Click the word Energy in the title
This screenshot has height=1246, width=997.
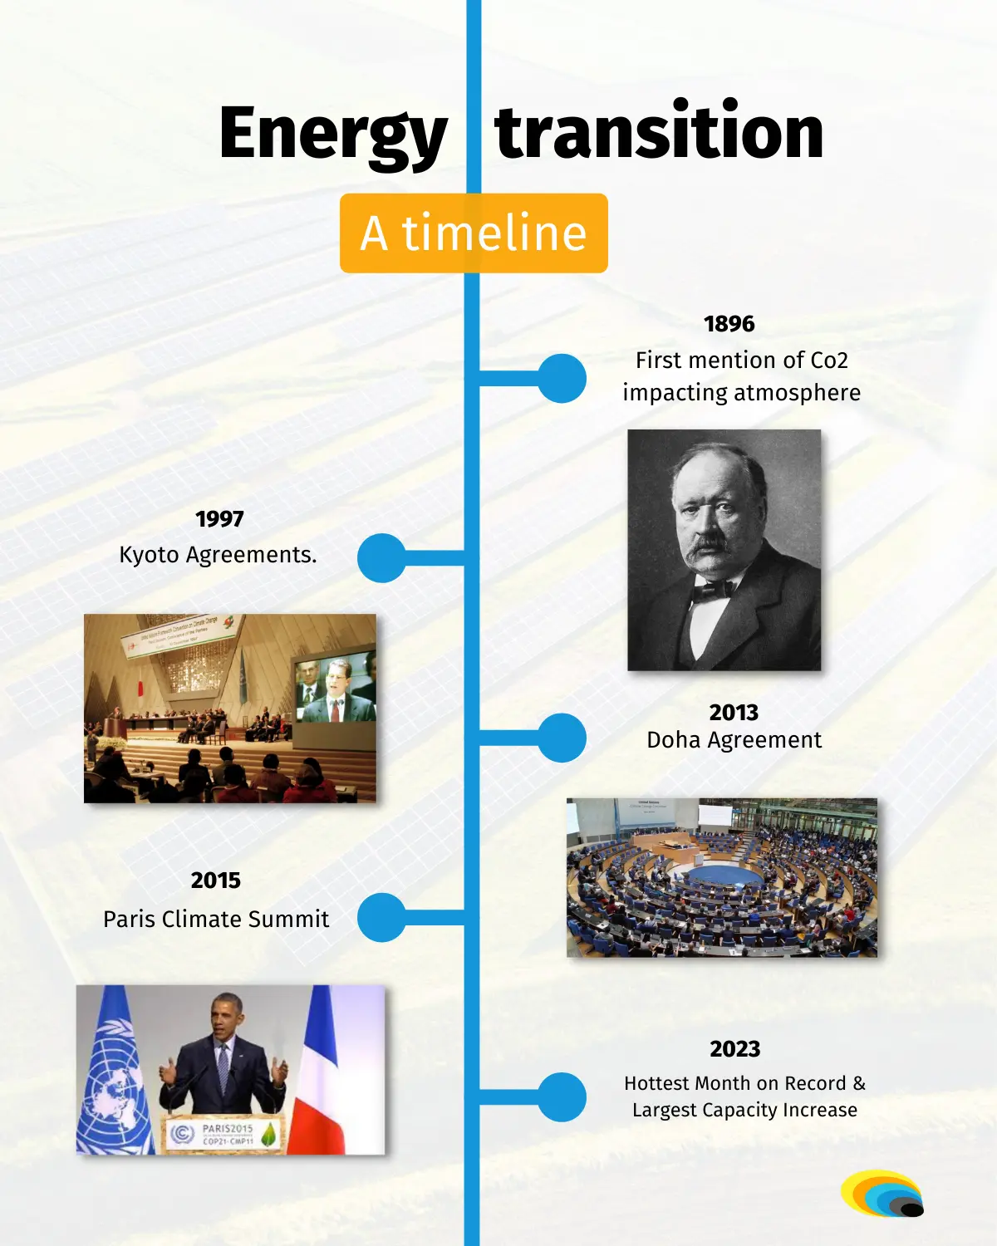pos(333,136)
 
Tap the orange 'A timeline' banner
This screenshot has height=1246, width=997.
pos(474,233)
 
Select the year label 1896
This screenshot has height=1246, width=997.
pos(729,324)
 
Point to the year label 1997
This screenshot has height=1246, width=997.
pos(219,519)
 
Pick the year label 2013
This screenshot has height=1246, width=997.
pos(734,713)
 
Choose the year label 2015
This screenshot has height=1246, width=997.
pos(215,881)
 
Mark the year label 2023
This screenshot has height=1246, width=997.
pos(734,1049)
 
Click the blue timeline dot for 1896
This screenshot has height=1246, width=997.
pos(562,379)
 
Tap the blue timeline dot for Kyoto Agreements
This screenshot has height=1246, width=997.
pos(382,558)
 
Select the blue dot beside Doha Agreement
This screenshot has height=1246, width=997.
pos(562,738)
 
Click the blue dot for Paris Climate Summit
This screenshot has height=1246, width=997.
pos(382,917)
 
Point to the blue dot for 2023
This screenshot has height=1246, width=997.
pos(562,1097)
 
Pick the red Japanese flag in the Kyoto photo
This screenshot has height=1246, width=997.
pos(140,688)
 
